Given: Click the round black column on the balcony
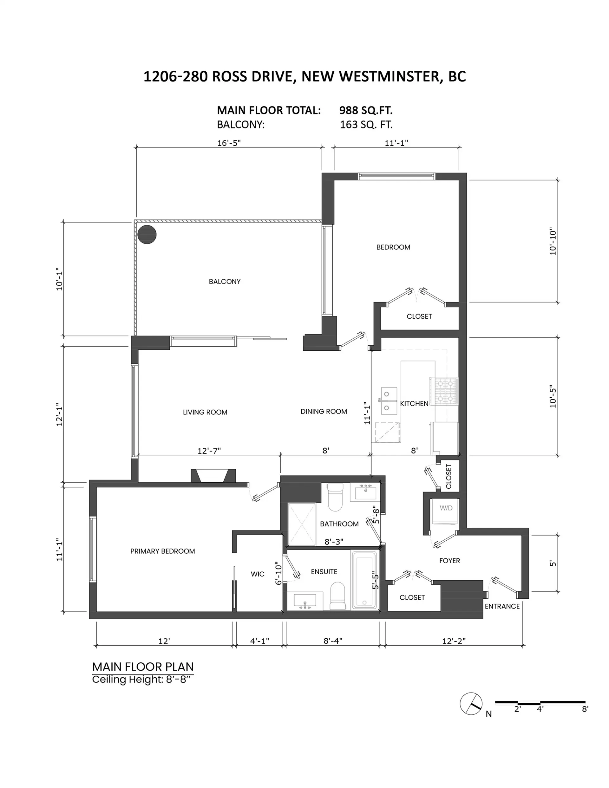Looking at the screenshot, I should point(147,235).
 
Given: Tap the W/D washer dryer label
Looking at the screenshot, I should point(446,508).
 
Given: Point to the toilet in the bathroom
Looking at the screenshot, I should point(334,498).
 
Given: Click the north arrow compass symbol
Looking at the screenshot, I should point(471,704).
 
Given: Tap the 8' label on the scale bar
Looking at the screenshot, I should point(585,709).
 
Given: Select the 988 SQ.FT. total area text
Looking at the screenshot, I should point(366,110).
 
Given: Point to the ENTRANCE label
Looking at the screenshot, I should point(502,606).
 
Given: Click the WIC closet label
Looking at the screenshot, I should point(257,574).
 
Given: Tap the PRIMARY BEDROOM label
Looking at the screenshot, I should point(162,551).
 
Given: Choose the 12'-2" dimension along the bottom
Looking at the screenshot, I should point(454,641).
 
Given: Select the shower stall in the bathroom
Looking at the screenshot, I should point(301,524).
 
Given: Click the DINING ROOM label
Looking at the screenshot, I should point(324,411).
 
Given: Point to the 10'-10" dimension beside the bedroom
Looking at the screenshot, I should point(553,241).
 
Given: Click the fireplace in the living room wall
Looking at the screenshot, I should point(213,475).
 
